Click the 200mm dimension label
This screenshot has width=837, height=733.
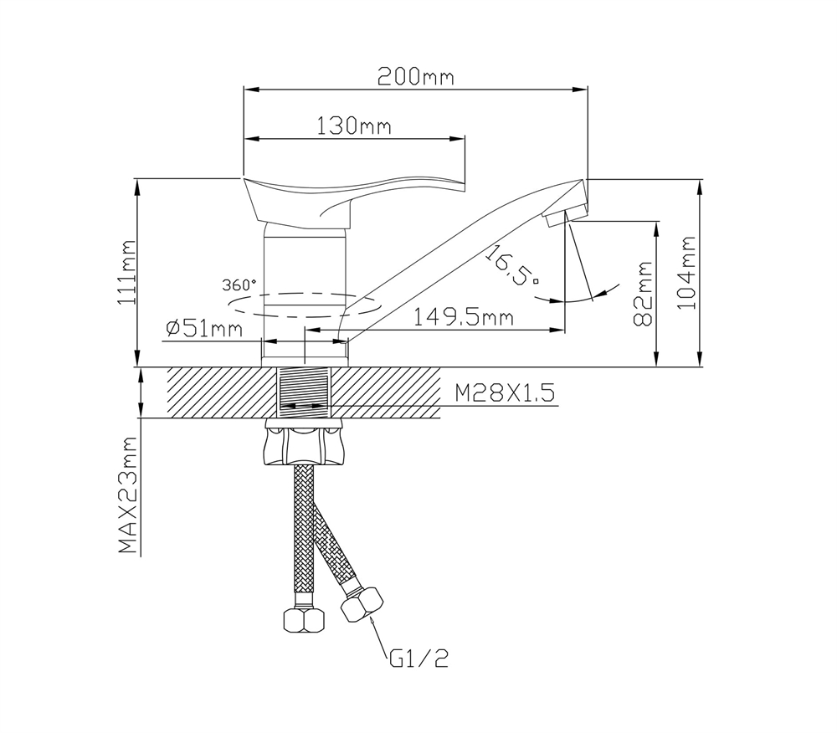[415, 77]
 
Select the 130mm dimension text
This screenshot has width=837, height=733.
[355, 126]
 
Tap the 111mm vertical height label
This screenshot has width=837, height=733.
[127, 272]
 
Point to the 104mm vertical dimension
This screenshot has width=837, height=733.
[688, 272]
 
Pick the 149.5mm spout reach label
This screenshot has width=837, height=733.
[464, 317]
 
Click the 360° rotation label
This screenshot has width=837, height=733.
[240, 284]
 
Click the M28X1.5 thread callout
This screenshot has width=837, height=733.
[505, 393]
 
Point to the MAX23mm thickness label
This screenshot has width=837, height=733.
[127, 495]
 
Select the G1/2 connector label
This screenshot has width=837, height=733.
[418, 659]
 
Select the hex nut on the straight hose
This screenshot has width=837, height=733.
[302, 620]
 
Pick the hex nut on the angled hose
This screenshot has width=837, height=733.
[363, 604]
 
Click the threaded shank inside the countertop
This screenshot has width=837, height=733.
[303, 393]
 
